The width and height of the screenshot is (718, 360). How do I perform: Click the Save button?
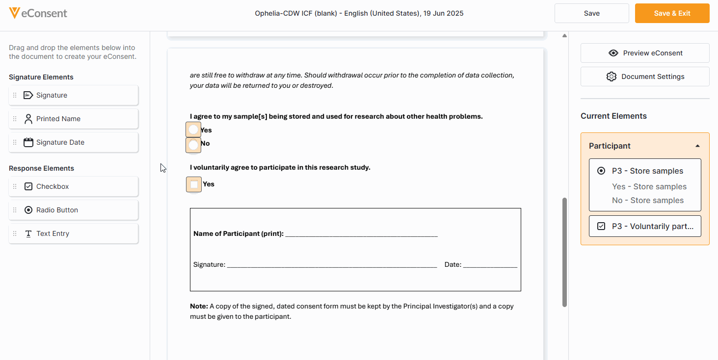point(591,13)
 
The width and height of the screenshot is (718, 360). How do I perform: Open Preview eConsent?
point(645,53)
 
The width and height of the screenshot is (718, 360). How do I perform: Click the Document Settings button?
point(645,77)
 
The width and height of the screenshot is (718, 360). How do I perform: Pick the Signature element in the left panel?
point(74,95)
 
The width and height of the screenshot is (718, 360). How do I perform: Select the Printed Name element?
point(74,119)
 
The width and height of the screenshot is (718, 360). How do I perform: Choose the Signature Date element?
point(74,142)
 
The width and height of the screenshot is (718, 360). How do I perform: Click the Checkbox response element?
point(74,186)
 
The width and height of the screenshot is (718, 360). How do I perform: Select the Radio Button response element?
point(74,210)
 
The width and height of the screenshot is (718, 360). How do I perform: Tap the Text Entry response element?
point(74,233)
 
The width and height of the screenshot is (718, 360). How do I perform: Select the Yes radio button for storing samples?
point(194,130)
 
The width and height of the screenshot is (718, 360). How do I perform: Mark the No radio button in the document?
point(194,145)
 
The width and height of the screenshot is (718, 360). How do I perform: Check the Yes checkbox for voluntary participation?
point(194,184)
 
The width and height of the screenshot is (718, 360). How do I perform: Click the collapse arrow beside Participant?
point(697,146)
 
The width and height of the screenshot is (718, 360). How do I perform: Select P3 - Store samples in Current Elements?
point(647,171)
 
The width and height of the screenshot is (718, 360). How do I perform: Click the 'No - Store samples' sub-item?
point(647,200)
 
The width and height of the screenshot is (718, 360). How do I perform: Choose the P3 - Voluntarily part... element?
point(645,226)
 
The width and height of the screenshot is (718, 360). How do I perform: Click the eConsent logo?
point(38,13)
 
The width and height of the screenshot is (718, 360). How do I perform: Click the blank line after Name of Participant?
point(361,234)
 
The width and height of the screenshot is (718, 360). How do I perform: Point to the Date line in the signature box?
point(490,264)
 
